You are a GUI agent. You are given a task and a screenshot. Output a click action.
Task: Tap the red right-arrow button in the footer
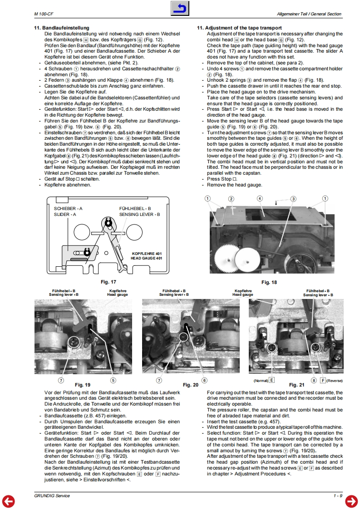[x=351, y=500]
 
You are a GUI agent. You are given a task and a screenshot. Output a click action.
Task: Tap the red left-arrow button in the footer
[x=9, y=500]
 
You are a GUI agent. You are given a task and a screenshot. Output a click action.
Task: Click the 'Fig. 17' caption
[x=108, y=282]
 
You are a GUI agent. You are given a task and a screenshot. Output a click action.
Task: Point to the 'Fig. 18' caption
[x=269, y=282]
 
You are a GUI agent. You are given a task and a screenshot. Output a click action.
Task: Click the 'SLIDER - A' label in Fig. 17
[x=65, y=214]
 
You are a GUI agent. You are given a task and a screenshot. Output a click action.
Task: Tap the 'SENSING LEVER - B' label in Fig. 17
[x=139, y=214]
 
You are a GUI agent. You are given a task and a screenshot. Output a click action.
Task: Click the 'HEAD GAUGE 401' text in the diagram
[x=146, y=258]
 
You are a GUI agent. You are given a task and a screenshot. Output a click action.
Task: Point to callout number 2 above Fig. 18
[x=231, y=199]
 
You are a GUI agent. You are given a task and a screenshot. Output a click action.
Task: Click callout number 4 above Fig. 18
[x=260, y=199]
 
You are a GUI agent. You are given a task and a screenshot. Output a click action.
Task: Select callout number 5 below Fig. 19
[x=113, y=380]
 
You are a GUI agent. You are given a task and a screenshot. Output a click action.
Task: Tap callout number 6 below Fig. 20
[x=204, y=380]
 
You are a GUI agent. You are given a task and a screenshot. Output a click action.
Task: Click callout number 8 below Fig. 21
[x=314, y=380]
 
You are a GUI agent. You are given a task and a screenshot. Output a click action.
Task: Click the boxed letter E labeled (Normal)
[x=271, y=380]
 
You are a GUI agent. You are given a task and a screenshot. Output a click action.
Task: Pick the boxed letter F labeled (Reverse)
[x=323, y=380]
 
